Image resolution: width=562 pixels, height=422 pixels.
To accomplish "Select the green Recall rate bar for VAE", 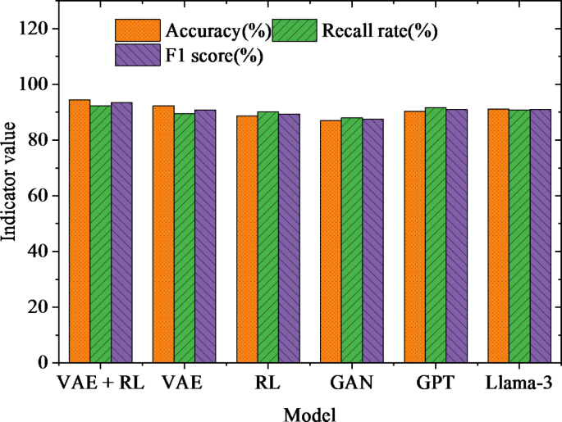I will (184, 238).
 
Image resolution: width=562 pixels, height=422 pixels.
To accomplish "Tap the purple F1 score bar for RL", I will (289, 238).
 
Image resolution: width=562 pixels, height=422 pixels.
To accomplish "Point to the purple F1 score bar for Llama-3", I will (540, 235).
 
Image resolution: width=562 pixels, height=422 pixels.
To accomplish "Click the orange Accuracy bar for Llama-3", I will (498, 235).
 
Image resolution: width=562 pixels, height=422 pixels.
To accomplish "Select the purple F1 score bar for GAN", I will (372, 240).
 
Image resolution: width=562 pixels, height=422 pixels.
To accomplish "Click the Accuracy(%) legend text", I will (217, 32).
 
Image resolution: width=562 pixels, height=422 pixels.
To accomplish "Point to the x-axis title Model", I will (309, 414).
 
